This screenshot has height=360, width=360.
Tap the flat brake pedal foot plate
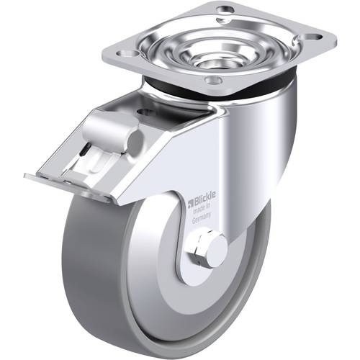[x=65, y=186]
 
